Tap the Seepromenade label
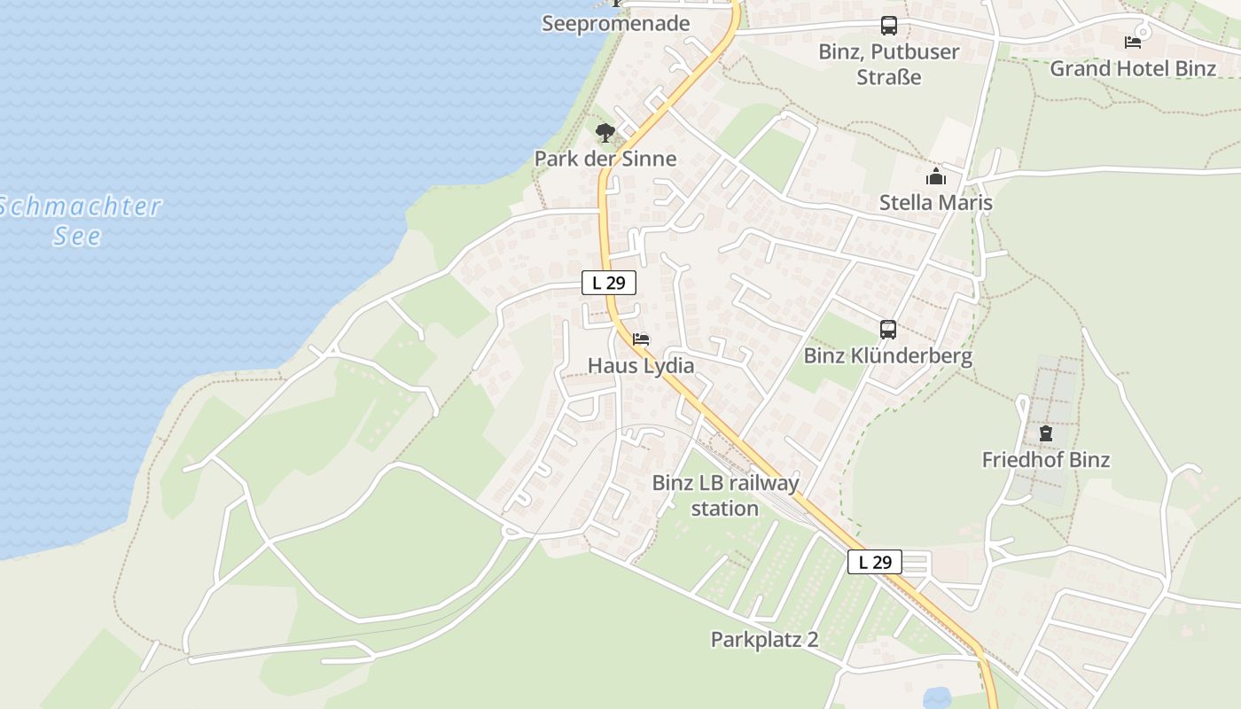(x=615, y=24)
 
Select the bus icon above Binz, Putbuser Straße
(x=888, y=26)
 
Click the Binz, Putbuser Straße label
(x=888, y=64)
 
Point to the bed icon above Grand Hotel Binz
(x=1132, y=42)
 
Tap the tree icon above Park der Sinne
(x=605, y=134)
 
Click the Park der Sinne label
(x=605, y=160)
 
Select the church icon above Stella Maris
(x=935, y=177)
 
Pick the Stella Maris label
(x=935, y=203)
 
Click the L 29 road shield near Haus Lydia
(x=609, y=284)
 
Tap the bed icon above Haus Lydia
(x=641, y=339)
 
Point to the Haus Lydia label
(x=641, y=366)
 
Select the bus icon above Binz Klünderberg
(x=888, y=330)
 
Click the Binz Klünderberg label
(x=888, y=356)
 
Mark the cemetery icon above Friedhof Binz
(x=1046, y=433)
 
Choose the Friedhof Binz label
(x=1046, y=460)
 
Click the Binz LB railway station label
(x=725, y=495)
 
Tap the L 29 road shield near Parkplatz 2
(x=875, y=562)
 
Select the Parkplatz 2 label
(x=764, y=640)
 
